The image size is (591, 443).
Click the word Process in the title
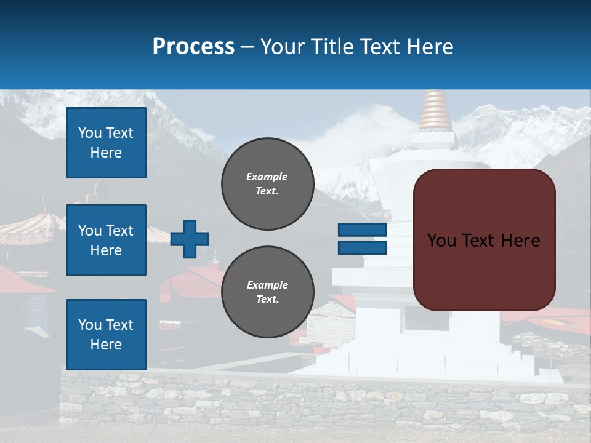pos(193,47)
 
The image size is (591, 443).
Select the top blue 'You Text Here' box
pos(106,143)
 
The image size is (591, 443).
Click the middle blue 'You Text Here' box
pos(106,240)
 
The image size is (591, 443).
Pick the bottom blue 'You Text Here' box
pos(106,335)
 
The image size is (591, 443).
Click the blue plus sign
pos(190,239)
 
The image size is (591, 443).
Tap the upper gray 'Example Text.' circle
pos(267,184)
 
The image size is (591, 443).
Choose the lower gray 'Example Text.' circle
pos(267,292)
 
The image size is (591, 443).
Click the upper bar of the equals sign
pos(362,230)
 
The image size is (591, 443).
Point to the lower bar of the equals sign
pos(362,247)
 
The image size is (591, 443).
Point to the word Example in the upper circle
pos(267,177)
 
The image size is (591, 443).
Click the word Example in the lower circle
pos(267,285)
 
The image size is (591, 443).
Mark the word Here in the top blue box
pos(106,153)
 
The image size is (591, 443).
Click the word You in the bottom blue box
pos(89,325)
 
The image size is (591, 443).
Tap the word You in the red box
pos(441,241)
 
